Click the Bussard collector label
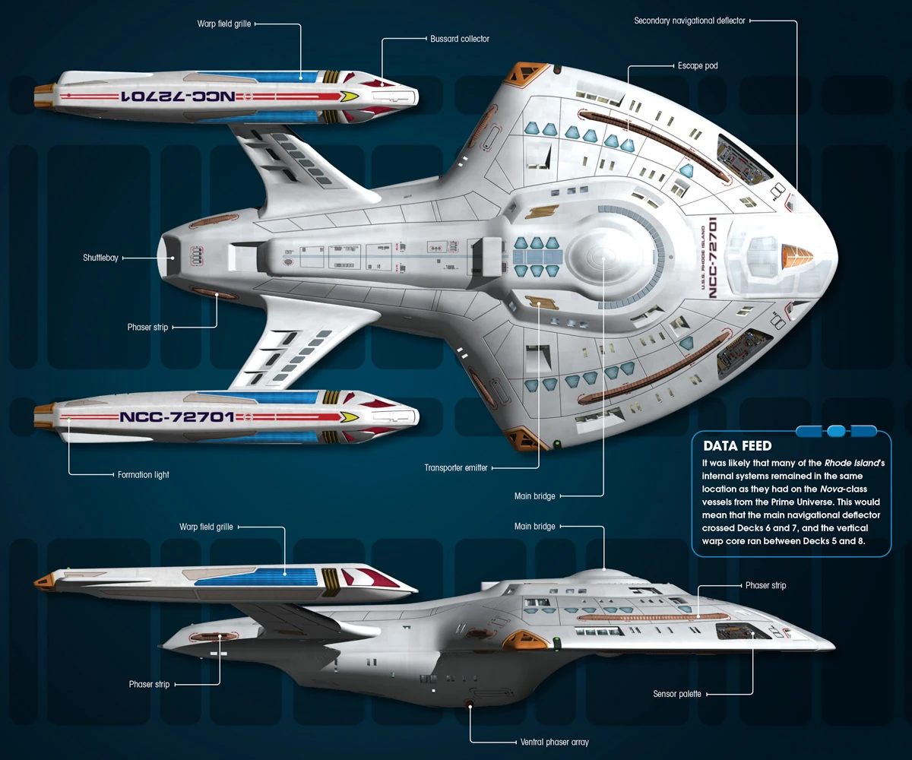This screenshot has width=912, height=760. pyautogui.click(x=460, y=39)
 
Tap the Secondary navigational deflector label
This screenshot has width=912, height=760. pyautogui.click(x=689, y=21)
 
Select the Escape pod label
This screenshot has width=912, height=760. pyautogui.click(x=698, y=66)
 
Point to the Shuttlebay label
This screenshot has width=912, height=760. pyautogui.click(x=100, y=258)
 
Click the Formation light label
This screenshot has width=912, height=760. pyautogui.click(x=144, y=475)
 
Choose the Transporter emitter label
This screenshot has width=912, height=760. pyautogui.click(x=455, y=468)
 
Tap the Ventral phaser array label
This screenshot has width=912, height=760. pyautogui.click(x=554, y=742)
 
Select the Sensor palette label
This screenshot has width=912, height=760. pyautogui.click(x=677, y=694)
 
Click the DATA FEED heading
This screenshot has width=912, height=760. pyautogui.click(x=737, y=446)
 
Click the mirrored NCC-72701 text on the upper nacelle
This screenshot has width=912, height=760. pyautogui.click(x=179, y=96)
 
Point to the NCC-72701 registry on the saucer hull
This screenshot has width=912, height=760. pyautogui.click(x=713, y=258)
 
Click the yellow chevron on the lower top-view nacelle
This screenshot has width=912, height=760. pyautogui.click(x=350, y=417)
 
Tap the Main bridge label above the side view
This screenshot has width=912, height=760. pyautogui.click(x=534, y=527)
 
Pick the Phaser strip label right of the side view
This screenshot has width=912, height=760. pyautogui.click(x=765, y=585)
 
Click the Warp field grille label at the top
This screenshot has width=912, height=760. pyautogui.click(x=224, y=24)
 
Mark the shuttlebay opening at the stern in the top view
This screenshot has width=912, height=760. pyautogui.click(x=168, y=258)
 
